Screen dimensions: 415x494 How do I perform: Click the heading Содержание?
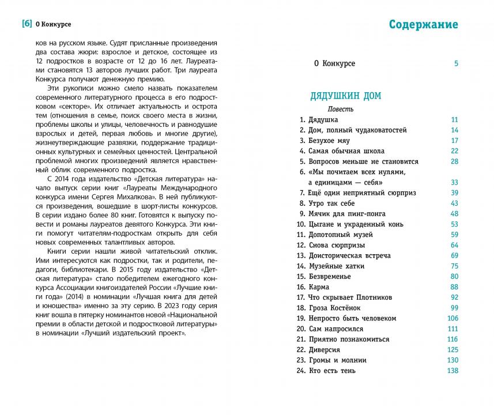[x=423, y=24]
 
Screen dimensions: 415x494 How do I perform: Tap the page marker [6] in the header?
[x=26, y=24]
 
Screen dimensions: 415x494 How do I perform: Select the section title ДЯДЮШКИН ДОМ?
[x=345, y=96]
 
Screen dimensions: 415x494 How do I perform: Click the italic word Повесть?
[x=341, y=109]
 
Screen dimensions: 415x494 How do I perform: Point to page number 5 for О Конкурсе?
[x=456, y=63]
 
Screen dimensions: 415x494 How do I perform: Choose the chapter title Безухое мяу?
[x=329, y=141]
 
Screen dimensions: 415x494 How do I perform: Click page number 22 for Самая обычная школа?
[x=454, y=151]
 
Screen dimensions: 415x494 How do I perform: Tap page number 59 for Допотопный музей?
[x=454, y=235]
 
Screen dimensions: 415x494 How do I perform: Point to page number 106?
[x=452, y=318]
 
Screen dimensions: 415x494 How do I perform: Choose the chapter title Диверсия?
[x=325, y=350]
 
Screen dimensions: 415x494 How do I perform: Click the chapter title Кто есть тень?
[x=332, y=371]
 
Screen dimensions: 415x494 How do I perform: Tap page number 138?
[x=452, y=371]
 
